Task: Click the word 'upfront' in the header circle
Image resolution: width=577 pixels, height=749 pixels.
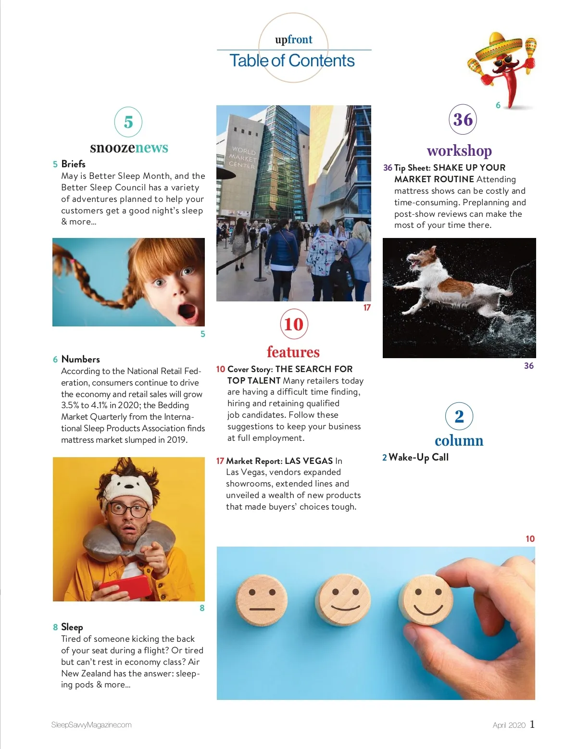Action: tap(293, 39)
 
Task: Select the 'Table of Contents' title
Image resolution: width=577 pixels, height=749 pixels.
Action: tap(292, 61)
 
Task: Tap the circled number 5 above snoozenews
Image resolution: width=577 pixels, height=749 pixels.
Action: tap(128, 122)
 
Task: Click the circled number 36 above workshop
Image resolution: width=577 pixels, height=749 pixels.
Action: tap(463, 119)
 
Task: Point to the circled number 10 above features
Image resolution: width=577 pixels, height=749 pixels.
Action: tap(294, 324)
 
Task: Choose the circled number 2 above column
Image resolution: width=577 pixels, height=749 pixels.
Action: tap(459, 416)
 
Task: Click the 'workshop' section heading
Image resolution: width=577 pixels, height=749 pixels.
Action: tap(459, 150)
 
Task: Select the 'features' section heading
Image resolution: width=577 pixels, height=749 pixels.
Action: tap(293, 352)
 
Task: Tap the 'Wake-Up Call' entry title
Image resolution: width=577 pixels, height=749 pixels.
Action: tap(418, 457)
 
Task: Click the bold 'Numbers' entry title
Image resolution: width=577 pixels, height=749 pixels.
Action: tap(80, 359)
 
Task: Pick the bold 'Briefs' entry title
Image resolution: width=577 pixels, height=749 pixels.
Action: tap(73, 164)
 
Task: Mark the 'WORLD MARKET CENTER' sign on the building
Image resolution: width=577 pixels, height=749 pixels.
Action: tap(243, 158)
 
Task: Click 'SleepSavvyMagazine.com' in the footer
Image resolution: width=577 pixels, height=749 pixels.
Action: tap(91, 725)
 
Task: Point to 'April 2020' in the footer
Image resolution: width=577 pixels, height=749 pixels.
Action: tap(509, 725)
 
